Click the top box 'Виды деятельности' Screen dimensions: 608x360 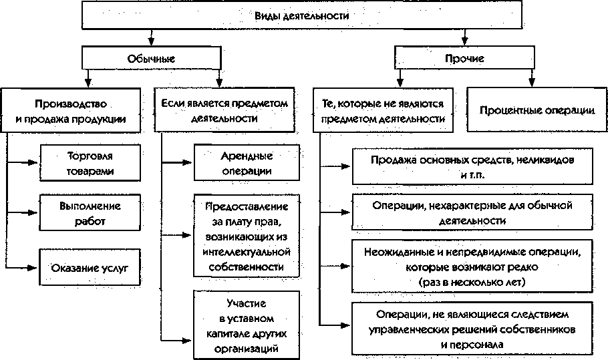click(x=302, y=15)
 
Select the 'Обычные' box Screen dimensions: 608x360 click(x=151, y=58)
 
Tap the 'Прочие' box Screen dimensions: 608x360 click(x=464, y=58)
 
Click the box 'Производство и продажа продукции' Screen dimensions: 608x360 click(x=71, y=110)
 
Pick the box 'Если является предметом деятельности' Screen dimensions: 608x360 click(x=224, y=110)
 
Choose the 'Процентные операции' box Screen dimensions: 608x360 click(x=537, y=110)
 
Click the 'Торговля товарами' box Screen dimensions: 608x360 click(x=90, y=163)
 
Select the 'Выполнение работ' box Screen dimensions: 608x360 click(x=90, y=213)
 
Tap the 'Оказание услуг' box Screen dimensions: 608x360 click(x=90, y=267)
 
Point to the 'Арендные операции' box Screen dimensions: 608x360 click(x=247, y=163)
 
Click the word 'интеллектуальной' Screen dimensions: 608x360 click(x=247, y=252)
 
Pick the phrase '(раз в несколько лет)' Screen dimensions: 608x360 click(x=472, y=282)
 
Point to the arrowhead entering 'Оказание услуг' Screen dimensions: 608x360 click(x=32, y=267)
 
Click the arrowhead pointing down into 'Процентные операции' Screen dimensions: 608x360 click(x=532, y=81)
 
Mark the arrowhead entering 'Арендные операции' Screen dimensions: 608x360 click(x=187, y=162)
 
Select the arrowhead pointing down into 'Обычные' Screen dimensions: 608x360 click(x=151, y=41)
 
